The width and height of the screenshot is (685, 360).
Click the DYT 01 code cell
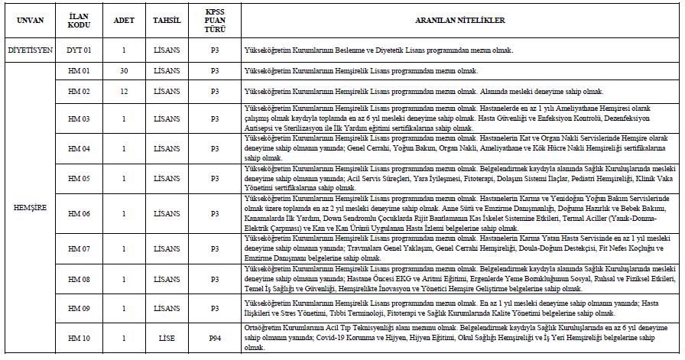click(x=79, y=50)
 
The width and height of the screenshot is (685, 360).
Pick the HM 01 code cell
click(x=79, y=71)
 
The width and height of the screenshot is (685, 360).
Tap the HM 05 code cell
click(x=79, y=178)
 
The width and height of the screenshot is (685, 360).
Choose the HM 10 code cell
click(x=79, y=339)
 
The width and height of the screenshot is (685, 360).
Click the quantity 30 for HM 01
click(x=123, y=71)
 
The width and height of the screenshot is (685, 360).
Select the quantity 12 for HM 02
click(x=123, y=92)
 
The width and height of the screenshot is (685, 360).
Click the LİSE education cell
click(x=167, y=339)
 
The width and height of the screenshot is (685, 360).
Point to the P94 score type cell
click(x=215, y=339)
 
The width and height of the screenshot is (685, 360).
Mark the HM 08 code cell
click(x=79, y=280)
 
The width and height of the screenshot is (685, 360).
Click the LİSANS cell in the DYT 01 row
click(x=167, y=50)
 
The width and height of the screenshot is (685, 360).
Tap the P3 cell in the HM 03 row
click(x=215, y=119)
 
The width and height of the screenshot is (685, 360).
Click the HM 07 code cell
click(x=79, y=249)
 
